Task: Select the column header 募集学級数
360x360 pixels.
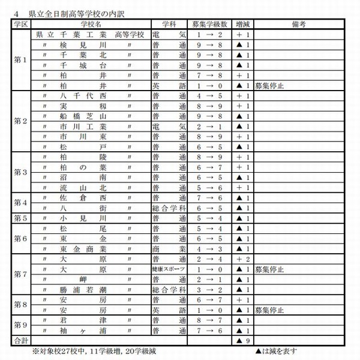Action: pyautogui.click(x=209, y=24)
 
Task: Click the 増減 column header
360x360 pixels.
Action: pyautogui.click(x=242, y=24)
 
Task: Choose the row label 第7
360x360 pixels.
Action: pyautogui.click(x=20, y=274)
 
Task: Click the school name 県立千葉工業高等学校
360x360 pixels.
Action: pyautogui.click(x=90, y=35)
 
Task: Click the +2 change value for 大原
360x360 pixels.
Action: pyautogui.click(x=242, y=259)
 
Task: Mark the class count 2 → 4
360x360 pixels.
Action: pyautogui.click(x=209, y=259)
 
